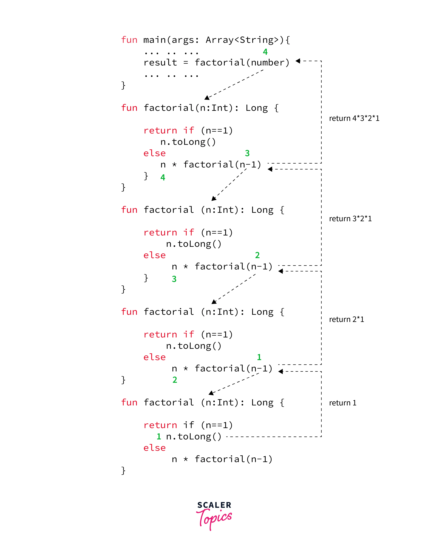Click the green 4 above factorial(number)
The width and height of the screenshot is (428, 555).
tap(265, 52)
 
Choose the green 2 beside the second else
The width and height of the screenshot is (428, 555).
tap(257, 255)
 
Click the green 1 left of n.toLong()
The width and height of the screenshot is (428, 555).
tap(159, 437)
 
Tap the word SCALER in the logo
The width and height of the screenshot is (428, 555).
tap(214, 505)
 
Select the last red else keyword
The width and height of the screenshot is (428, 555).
tap(154, 448)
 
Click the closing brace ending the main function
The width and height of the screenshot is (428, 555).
tap(123, 85)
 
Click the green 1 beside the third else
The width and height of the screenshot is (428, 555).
tap(259, 357)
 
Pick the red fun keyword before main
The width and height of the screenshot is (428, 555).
tap(129, 40)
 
